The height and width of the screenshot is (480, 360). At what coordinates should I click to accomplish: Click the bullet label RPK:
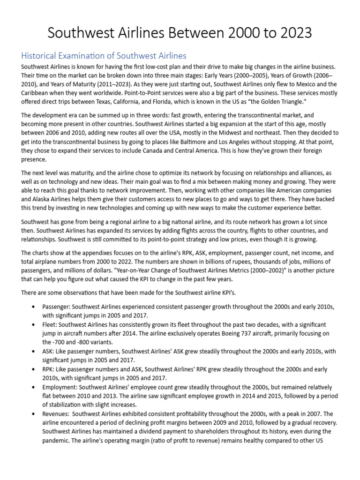49,369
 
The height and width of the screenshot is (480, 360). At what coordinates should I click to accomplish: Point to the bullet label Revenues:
56,414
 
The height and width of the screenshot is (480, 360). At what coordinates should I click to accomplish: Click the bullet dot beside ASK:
33,352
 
